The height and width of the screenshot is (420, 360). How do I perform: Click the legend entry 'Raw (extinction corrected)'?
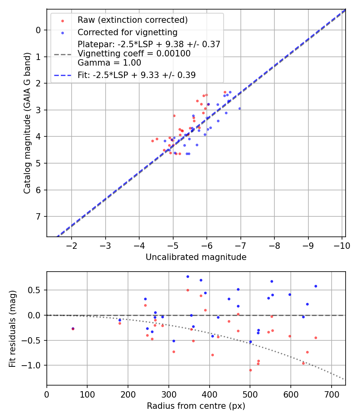pyautogui.click(x=132, y=20)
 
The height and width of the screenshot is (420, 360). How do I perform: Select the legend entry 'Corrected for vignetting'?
pyautogui.click(x=127, y=32)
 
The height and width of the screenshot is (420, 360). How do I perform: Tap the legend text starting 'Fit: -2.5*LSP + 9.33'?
pyautogui.click(x=136, y=75)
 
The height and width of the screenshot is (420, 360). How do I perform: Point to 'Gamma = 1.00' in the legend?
pyautogui.click(x=109, y=62)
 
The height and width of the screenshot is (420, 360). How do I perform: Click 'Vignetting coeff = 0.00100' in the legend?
pyautogui.click(x=134, y=53)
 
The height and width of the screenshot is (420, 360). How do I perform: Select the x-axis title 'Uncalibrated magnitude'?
pyautogui.click(x=196, y=257)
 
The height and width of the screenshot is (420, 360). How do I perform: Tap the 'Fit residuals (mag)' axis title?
pyautogui.click(x=12, y=328)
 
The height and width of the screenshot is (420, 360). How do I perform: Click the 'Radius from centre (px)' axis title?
pyautogui.click(x=196, y=406)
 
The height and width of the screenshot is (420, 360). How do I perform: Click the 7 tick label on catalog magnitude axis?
pyautogui.click(x=38, y=216)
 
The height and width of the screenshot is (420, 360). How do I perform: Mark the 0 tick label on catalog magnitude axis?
pyautogui.click(x=38, y=30)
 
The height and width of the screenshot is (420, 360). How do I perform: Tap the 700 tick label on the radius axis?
pyautogui.click(x=331, y=394)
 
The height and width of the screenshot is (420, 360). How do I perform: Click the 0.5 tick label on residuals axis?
pyautogui.click(x=37, y=290)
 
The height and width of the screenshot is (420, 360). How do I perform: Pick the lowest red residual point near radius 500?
pyautogui.click(x=250, y=370)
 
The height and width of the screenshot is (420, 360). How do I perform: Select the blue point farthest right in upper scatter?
pyautogui.click(x=240, y=108)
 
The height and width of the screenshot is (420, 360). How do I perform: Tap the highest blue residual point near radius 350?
pyautogui.click(x=188, y=276)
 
